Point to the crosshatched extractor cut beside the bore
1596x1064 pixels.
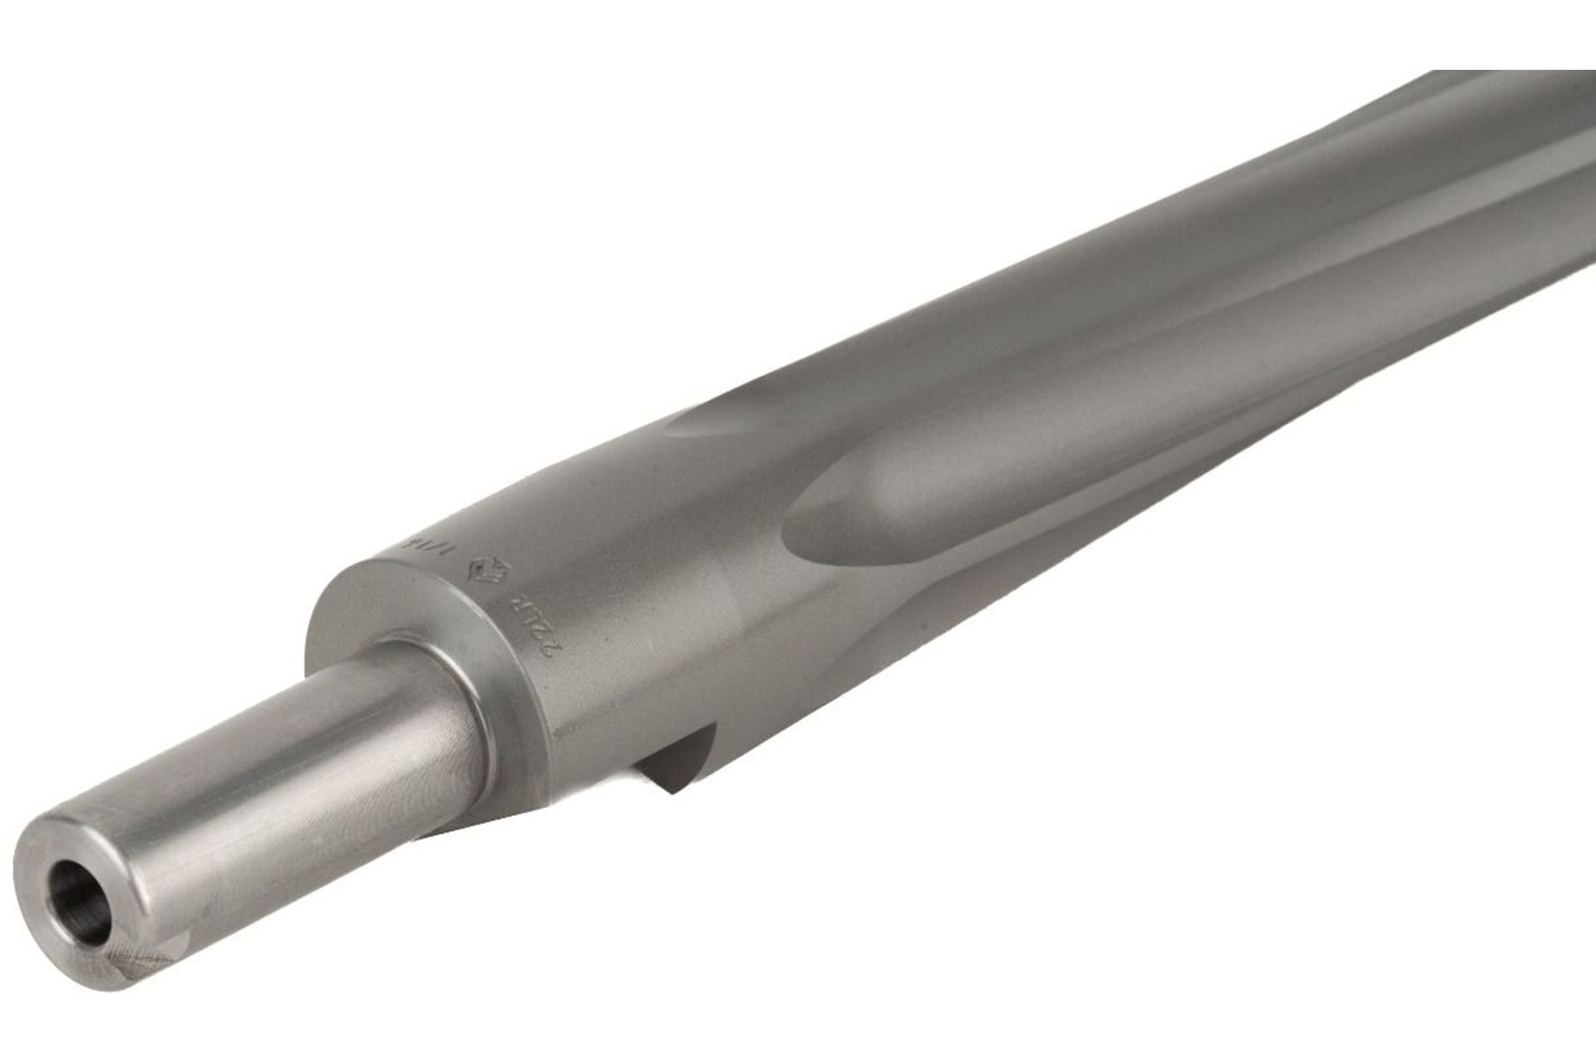[x=141, y=964]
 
